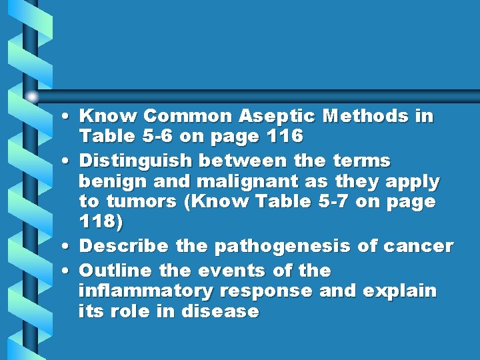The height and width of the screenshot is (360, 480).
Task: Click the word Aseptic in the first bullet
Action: point(285,117)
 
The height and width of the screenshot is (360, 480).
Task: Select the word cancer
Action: point(417,246)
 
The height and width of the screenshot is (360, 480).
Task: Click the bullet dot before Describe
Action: point(70,247)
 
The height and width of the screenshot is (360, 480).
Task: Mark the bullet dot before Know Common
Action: point(70,117)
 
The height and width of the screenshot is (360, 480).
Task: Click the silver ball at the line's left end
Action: point(32,96)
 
